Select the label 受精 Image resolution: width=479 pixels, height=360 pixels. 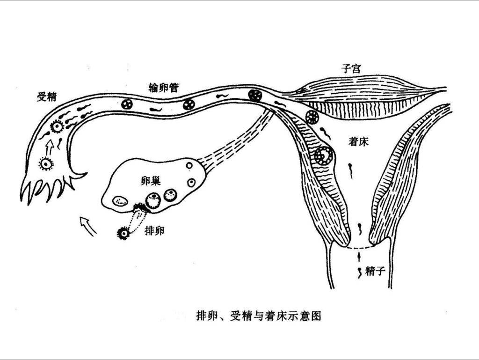(x=47, y=96)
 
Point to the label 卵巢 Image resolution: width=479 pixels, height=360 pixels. (x=151, y=181)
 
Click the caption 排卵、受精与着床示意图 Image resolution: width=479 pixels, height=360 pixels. (x=258, y=316)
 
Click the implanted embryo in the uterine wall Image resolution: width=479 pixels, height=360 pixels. (x=324, y=155)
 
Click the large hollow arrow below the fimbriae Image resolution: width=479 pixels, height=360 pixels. (x=88, y=225)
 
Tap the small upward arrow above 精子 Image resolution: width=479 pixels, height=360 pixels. (x=359, y=256)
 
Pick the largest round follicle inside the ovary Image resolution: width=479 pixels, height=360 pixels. (x=153, y=200)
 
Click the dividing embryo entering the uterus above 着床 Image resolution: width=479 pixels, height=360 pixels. (x=312, y=117)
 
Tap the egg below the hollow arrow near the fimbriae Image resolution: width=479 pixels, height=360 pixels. (x=47, y=164)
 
